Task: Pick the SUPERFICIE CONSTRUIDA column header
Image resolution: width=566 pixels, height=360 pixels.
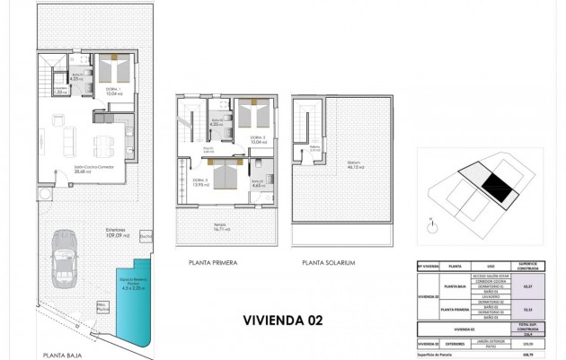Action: pos(531,267)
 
